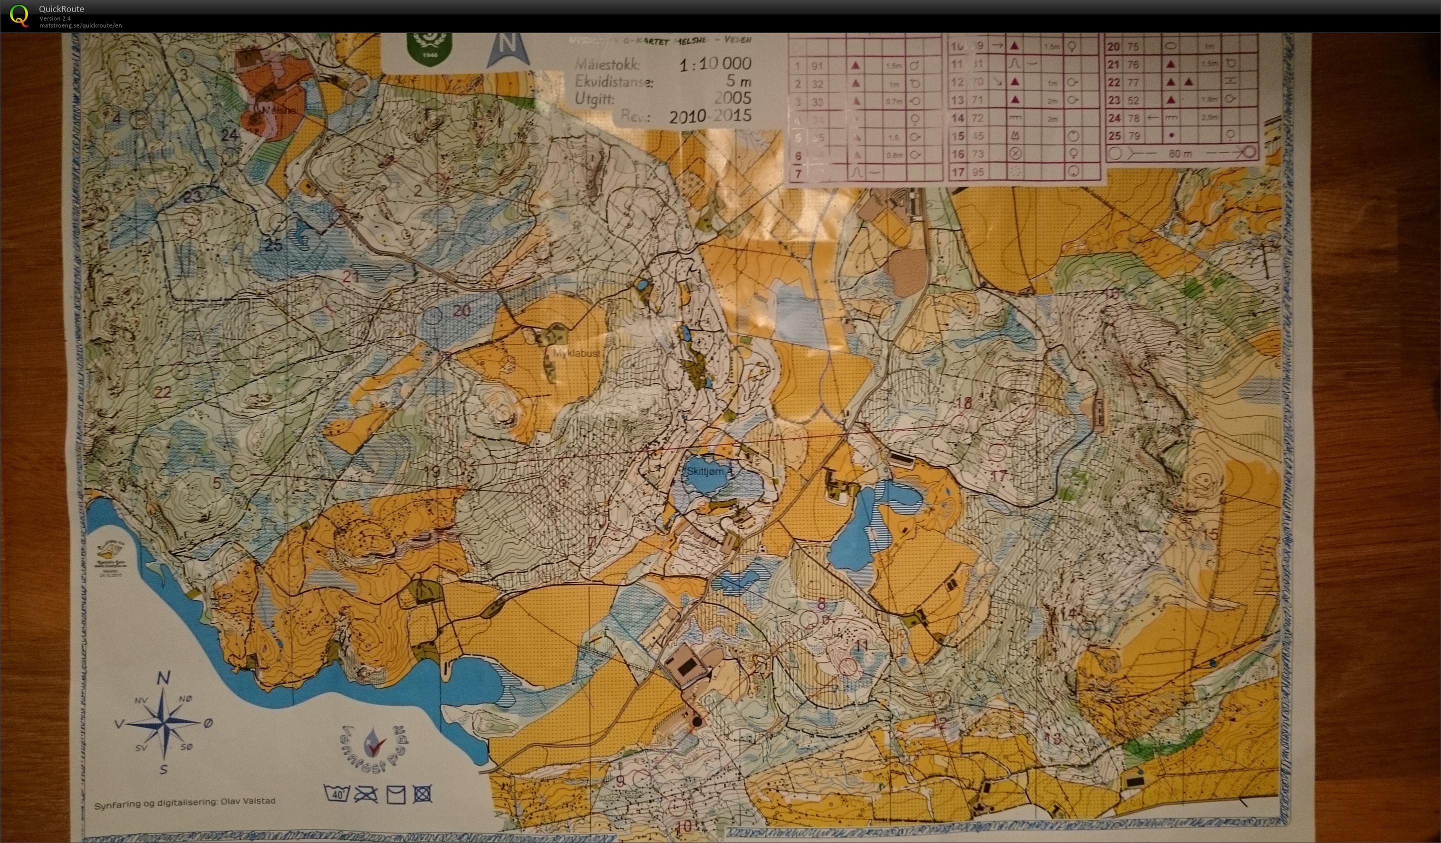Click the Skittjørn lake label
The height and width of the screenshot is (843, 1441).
point(705,471)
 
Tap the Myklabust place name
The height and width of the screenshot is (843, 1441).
point(576,353)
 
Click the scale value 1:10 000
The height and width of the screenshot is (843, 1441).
point(715,64)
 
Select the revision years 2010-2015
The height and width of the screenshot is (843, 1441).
point(709,116)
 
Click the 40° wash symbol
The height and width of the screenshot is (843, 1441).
point(337,793)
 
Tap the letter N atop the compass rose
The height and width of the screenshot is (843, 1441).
point(163,679)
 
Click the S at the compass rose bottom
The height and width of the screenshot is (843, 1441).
point(163,769)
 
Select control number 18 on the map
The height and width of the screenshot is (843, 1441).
point(964,403)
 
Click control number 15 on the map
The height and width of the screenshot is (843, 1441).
point(1210,534)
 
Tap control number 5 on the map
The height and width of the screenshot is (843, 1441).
point(216,483)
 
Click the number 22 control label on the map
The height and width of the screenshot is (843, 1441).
point(163,392)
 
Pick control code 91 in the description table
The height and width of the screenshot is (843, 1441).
point(817,66)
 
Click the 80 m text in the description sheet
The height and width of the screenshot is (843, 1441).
point(1179,154)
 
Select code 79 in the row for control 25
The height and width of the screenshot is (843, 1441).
point(1134,136)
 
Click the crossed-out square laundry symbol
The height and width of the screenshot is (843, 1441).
point(422,793)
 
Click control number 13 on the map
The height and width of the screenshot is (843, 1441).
point(1052,737)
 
